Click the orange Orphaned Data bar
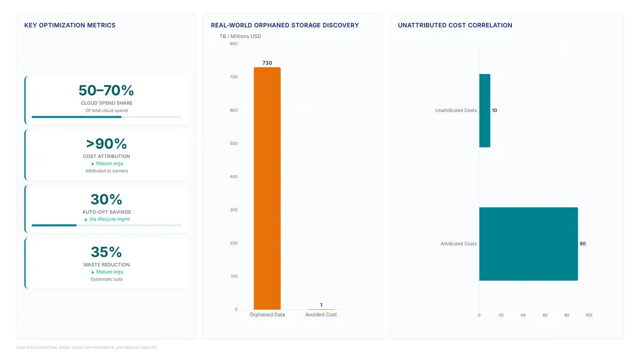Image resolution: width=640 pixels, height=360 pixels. [267, 188]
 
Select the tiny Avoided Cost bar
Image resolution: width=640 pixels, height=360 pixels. [321, 309]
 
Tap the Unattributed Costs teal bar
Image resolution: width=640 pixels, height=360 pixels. [485, 110]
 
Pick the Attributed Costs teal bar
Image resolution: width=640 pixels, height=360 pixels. [529, 244]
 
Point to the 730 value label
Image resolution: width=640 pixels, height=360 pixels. [267, 63]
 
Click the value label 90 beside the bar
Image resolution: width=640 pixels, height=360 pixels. [582, 244]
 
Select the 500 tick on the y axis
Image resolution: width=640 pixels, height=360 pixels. [234, 143]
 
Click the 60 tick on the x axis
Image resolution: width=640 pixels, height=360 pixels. [545, 315]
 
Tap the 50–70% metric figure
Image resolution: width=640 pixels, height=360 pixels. [106, 90]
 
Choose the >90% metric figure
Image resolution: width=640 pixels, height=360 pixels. [106, 143]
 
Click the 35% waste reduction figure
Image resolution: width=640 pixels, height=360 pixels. [106, 252]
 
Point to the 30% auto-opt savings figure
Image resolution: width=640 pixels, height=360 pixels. [106, 199]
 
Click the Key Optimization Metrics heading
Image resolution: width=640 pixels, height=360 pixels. [70, 25]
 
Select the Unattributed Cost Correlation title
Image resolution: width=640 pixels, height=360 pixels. [455, 25]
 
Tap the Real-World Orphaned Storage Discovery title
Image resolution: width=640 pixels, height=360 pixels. [285, 25]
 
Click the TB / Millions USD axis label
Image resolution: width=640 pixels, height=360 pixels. [240, 36]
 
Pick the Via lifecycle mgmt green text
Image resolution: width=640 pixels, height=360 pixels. [109, 219]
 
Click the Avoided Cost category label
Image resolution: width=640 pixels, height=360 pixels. [321, 315]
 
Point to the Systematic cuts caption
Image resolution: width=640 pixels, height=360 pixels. [106, 279]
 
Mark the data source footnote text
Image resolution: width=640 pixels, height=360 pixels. [86, 347]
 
